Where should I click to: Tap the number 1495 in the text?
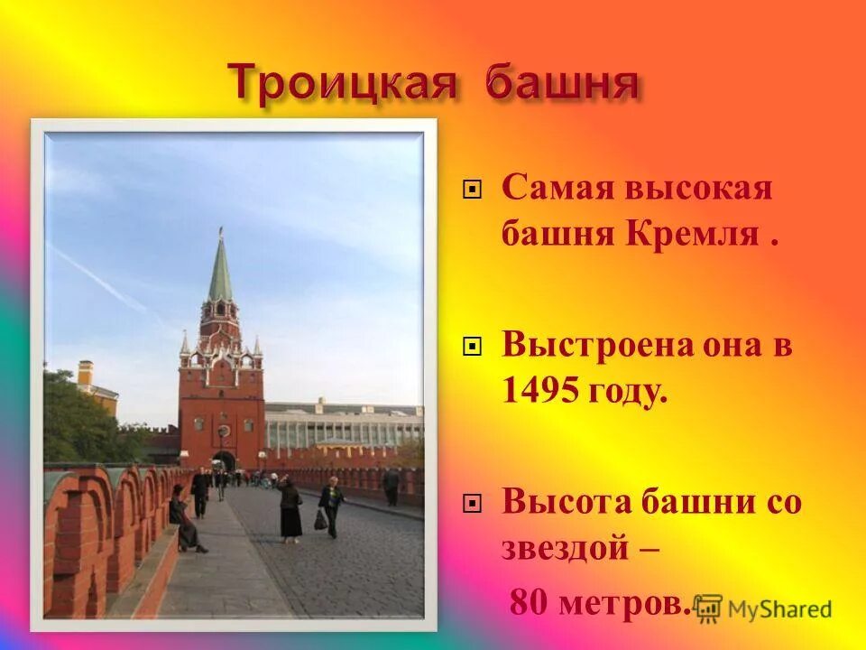539,391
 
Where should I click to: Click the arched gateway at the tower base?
224,460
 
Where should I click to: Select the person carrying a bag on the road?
330,506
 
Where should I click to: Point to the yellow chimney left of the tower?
86,372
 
